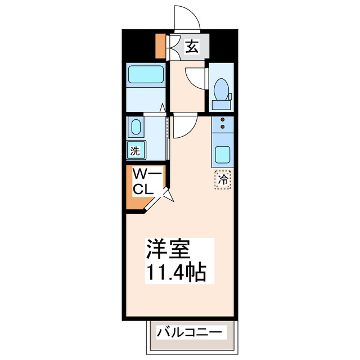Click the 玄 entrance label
point(192,47)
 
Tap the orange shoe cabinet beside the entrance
point(160,47)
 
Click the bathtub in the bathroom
point(145,75)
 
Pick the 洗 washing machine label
point(135,150)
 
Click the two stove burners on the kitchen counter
point(223,124)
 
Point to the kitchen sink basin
point(223,153)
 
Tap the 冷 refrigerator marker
point(223,180)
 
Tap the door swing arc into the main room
point(184,127)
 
